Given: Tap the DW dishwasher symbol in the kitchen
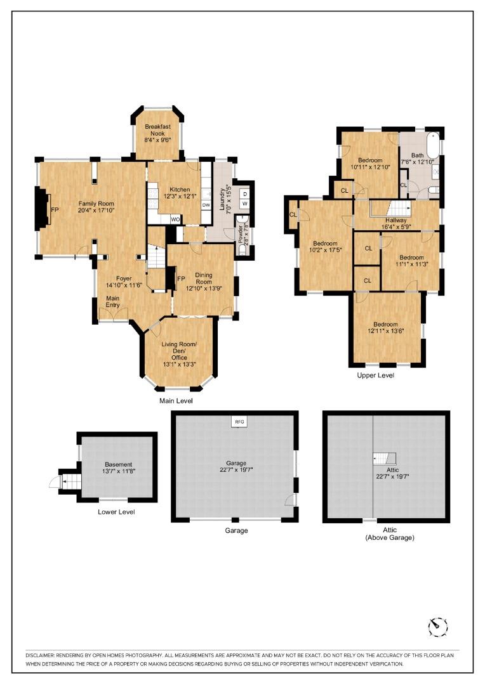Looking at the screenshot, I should (206, 205).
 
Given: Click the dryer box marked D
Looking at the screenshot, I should (244, 193).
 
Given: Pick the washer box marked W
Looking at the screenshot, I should (244, 204).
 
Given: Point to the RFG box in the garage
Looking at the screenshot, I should (239, 421).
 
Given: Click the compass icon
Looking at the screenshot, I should (438, 626).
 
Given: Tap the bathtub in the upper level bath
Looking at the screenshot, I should (434, 146).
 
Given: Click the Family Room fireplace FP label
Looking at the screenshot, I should (55, 209).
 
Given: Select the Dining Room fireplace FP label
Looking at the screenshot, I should (180, 278).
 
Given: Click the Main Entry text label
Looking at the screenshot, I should (113, 302).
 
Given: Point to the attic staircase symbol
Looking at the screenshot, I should (384, 458).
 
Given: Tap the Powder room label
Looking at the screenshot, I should (241, 233).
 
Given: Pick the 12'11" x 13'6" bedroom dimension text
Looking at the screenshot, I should (387, 330).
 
